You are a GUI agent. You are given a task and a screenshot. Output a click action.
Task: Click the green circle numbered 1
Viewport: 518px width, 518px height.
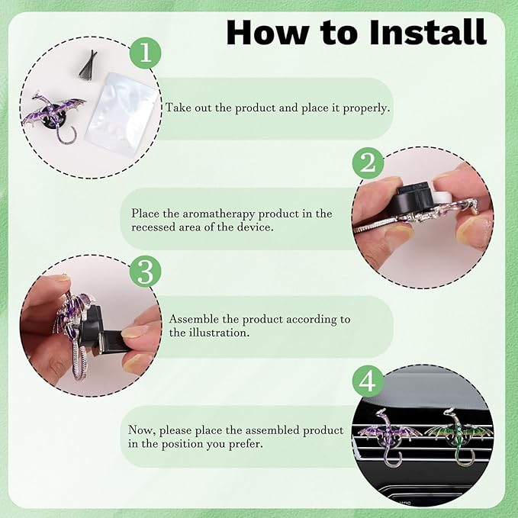tap(146, 53)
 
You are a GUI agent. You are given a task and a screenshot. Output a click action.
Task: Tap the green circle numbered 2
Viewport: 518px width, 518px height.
tap(368, 162)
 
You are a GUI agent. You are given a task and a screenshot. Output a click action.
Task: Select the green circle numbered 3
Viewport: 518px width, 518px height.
tap(146, 272)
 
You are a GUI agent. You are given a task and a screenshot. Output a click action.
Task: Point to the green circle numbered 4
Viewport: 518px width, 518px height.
tap(368, 381)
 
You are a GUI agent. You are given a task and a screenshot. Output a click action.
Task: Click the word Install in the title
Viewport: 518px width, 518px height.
tap(428, 32)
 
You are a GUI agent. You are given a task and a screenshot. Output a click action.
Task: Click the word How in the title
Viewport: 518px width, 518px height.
tap(266, 32)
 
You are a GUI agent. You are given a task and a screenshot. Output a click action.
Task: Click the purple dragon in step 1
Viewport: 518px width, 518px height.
tap(54, 117)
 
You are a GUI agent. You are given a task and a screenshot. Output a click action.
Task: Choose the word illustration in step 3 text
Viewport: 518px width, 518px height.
tap(219, 332)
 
